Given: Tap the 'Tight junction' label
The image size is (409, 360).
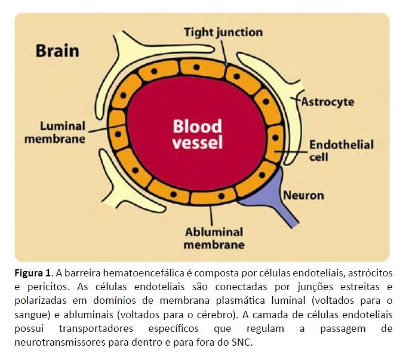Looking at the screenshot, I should point(223,32).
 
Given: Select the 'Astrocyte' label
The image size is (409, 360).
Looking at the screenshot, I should point(327,101).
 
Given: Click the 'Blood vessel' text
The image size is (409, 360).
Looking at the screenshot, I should point(197,135).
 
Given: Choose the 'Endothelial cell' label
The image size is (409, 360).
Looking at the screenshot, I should point(341,151).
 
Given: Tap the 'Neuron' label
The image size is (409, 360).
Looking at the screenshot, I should point(303,195).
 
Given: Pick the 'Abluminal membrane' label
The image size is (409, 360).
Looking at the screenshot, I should point(214,238).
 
